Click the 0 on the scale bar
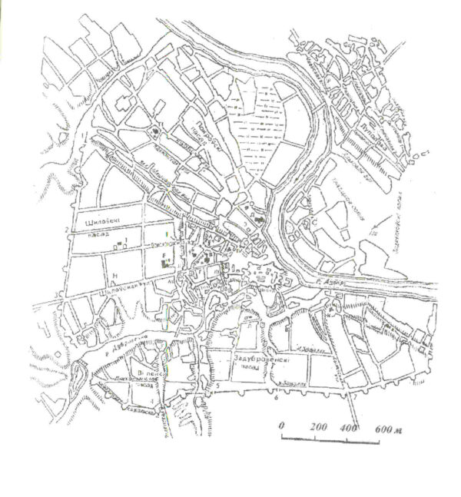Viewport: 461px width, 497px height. [282, 425]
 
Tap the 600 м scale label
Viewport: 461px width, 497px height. [388, 425]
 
